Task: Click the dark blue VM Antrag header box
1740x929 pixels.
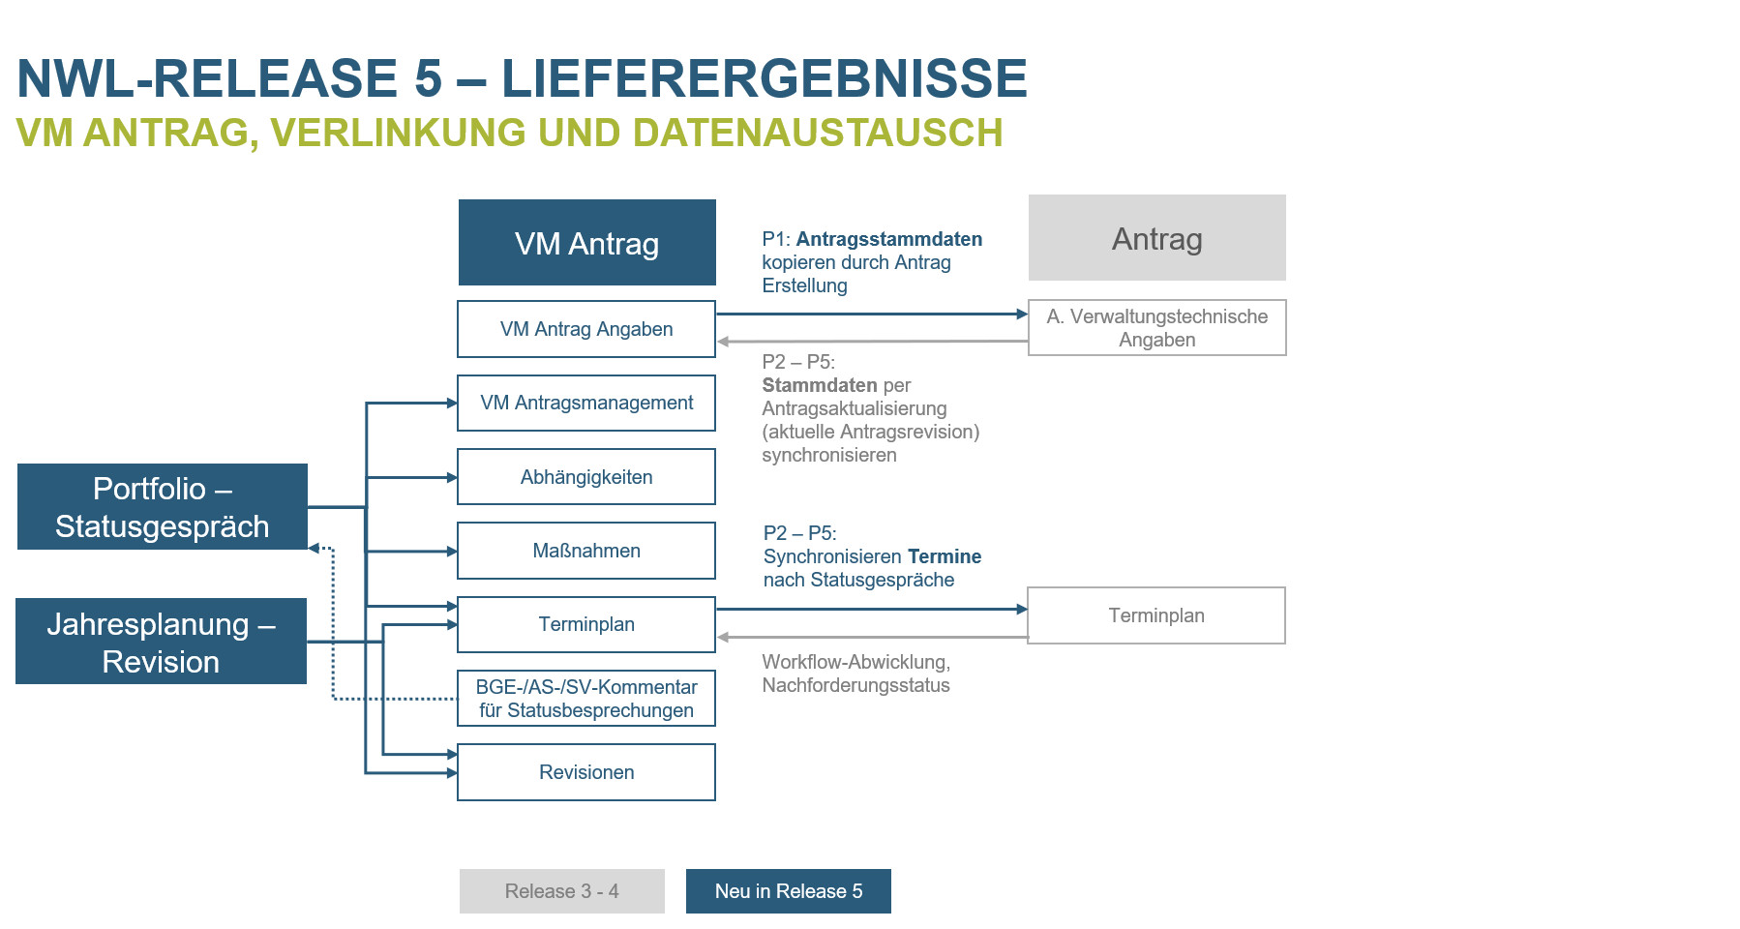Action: click(x=586, y=243)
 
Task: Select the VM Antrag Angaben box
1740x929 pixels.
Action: click(x=586, y=329)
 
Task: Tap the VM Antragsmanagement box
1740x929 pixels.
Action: click(x=586, y=403)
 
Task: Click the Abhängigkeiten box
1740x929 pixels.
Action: click(x=586, y=477)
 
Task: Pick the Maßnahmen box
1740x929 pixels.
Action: click(x=586, y=551)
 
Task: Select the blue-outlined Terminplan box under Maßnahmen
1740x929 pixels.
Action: click(x=586, y=624)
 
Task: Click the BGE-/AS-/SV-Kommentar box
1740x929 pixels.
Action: click(x=586, y=698)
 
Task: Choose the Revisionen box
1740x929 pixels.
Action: click(x=586, y=772)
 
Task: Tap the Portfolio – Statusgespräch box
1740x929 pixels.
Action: click(x=162, y=507)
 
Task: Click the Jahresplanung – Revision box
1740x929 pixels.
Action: click(x=161, y=642)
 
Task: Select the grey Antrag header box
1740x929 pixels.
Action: click(x=1156, y=238)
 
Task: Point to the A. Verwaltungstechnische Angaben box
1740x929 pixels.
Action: click(x=1156, y=328)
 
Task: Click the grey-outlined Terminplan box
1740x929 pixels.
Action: click(x=1156, y=615)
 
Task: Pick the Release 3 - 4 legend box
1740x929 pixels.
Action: click(x=561, y=891)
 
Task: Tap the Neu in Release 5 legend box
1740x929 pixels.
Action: click(x=788, y=891)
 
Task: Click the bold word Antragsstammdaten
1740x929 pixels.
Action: click(x=888, y=239)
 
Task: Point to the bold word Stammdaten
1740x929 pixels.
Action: click(x=820, y=385)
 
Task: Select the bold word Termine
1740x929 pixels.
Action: click(x=945, y=556)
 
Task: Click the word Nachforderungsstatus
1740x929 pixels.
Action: click(x=855, y=685)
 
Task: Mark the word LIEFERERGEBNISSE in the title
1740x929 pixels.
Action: click(x=764, y=78)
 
